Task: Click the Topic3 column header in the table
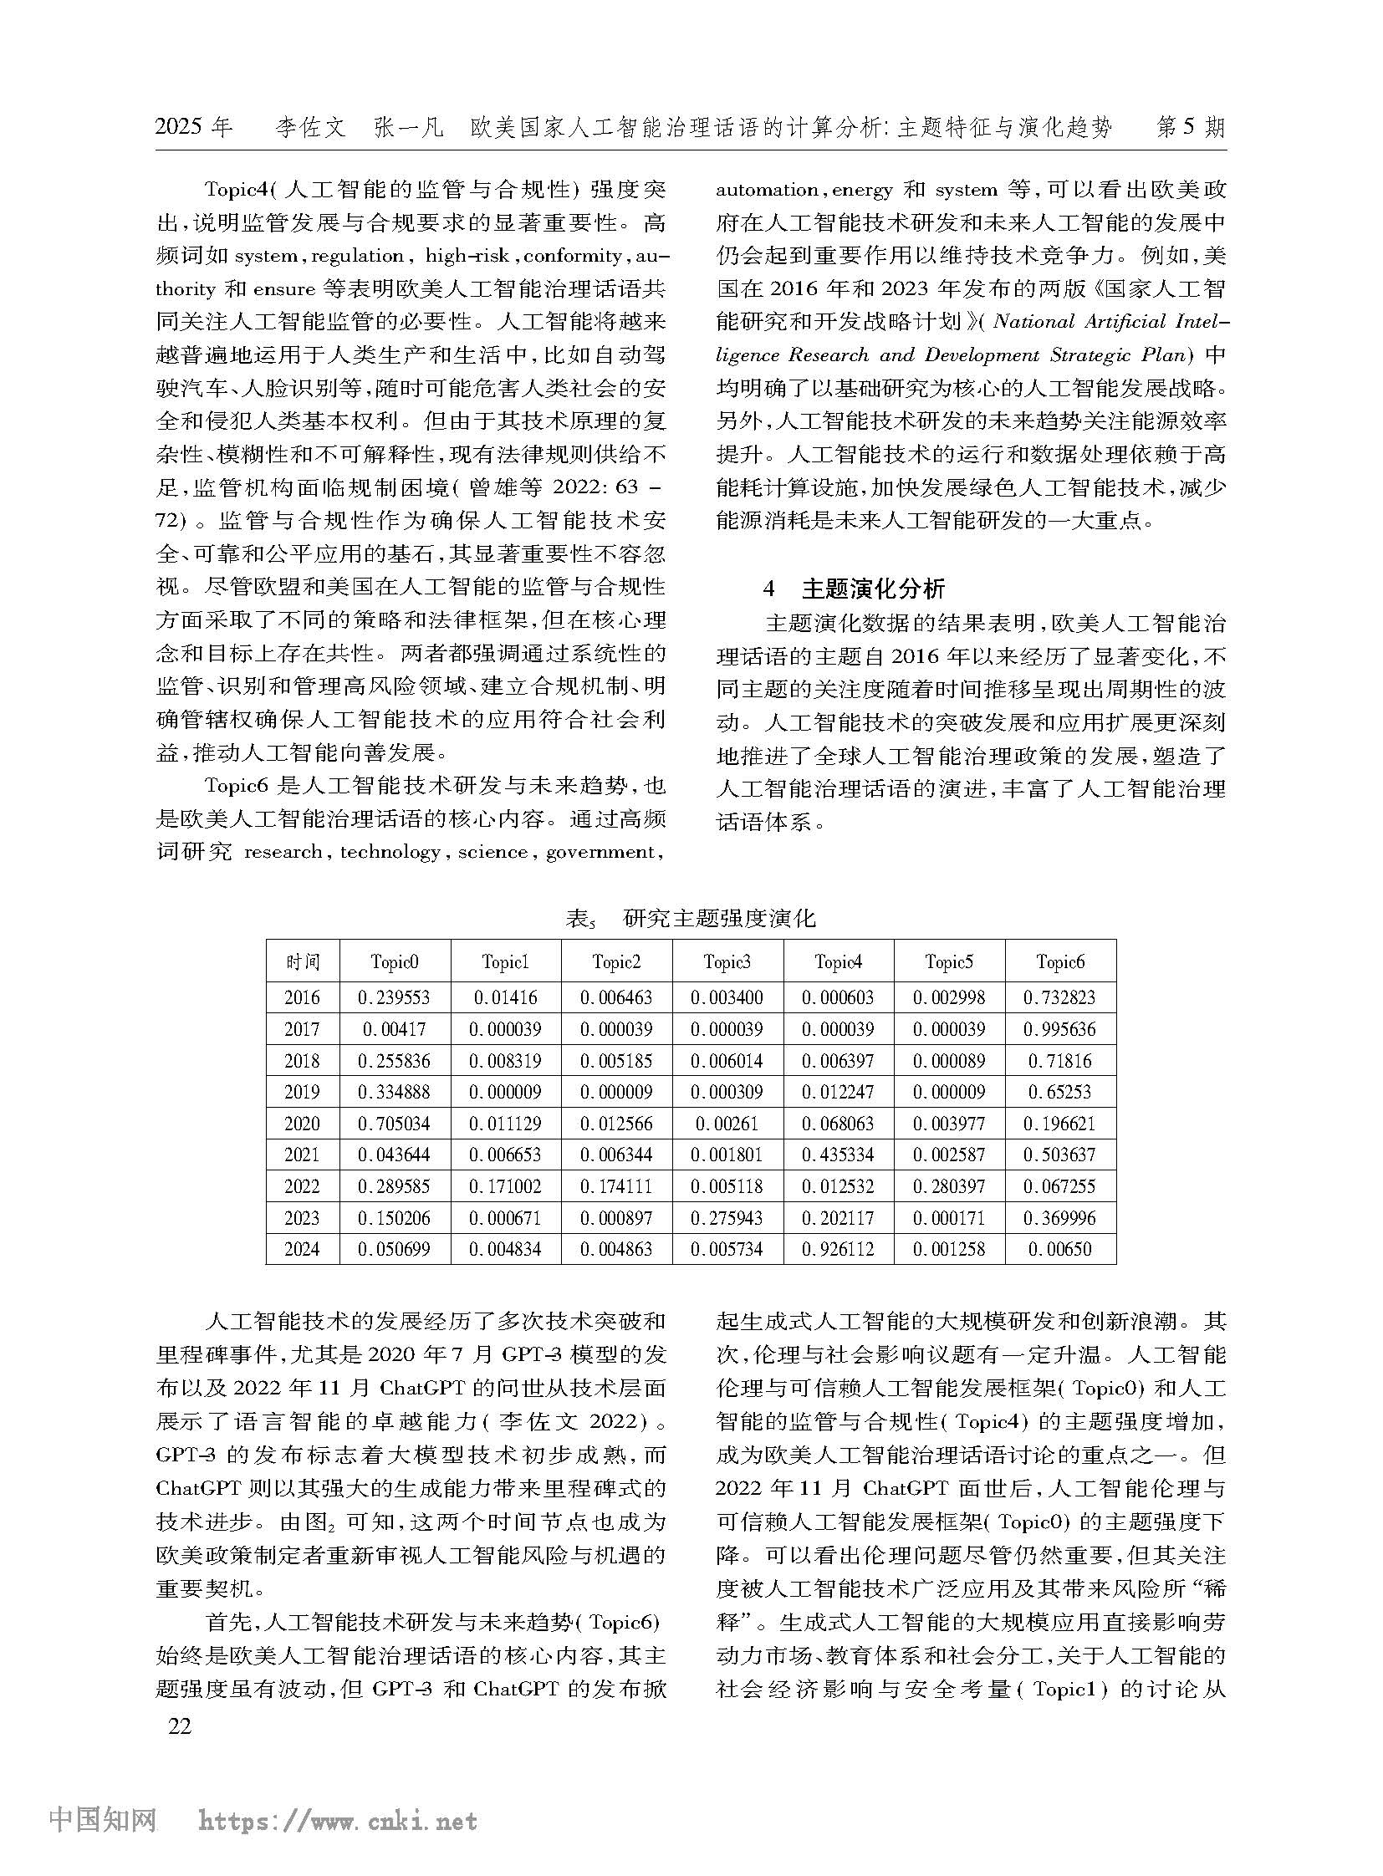727,963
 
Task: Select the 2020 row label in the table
301,1124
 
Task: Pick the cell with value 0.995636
1059,1030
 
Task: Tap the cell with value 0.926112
838,1250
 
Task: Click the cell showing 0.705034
394,1124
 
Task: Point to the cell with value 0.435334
838,1155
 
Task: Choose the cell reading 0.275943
727,1218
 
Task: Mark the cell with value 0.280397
948,1186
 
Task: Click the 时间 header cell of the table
301,963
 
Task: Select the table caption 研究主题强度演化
719,919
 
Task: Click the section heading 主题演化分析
873,589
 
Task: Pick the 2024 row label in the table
301,1250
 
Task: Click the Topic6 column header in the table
1059,963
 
